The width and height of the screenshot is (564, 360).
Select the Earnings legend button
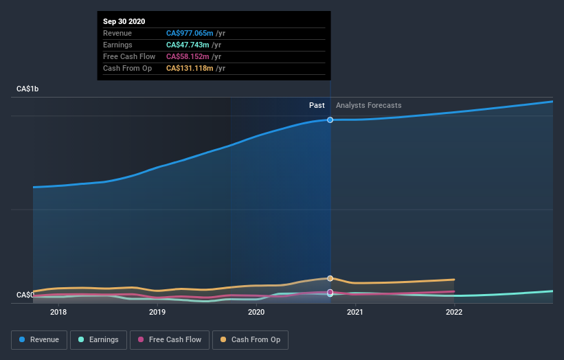pyautogui.click(x=98, y=339)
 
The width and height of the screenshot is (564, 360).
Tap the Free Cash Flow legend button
pyautogui.click(x=169, y=339)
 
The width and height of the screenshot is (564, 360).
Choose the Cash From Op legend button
pyautogui.click(x=251, y=339)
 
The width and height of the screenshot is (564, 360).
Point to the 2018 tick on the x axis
pyautogui.click(x=58, y=312)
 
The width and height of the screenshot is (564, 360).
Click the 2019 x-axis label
pyautogui.click(x=157, y=312)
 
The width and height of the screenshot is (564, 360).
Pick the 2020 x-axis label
pyautogui.click(x=256, y=312)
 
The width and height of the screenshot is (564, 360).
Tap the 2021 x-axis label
pyautogui.click(x=355, y=312)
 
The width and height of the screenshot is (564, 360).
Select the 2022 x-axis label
pyautogui.click(x=454, y=312)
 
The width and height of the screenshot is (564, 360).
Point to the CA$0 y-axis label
pyautogui.click(x=25, y=295)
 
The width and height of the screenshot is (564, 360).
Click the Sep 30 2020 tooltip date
pyautogui.click(x=124, y=22)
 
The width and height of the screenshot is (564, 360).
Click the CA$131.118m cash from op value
pyautogui.click(x=191, y=68)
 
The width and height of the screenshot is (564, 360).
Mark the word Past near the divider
pyautogui.click(x=317, y=105)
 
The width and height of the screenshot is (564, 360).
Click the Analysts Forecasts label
pyautogui.click(x=369, y=105)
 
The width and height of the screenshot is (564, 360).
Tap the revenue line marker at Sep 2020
pyautogui.click(x=330, y=120)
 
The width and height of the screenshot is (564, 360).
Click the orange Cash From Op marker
pyautogui.click(x=330, y=278)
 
